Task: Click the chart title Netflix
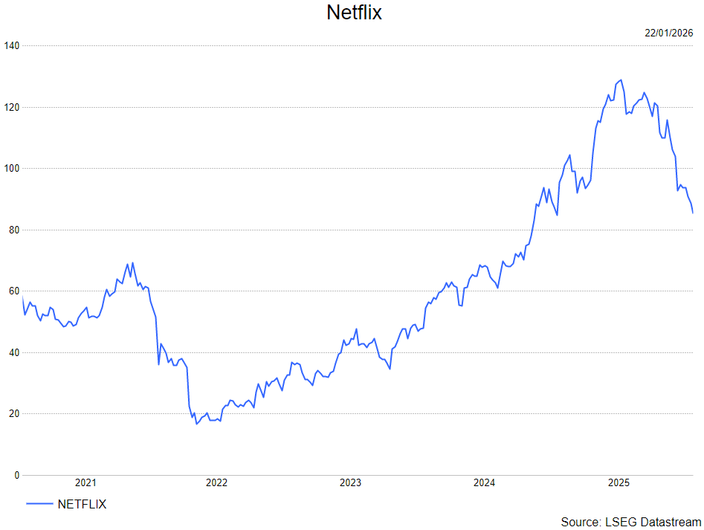tap(354, 13)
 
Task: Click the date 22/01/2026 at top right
tap(668, 33)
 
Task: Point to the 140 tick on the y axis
tap(11, 46)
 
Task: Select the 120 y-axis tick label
tap(11, 107)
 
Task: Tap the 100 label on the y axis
tap(11, 169)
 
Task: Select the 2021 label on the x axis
tap(85, 483)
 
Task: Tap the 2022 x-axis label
tap(216, 483)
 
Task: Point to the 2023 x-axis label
tap(350, 483)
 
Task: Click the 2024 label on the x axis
tap(484, 483)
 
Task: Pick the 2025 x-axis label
tap(619, 483)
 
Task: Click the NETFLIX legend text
tap(82, 504)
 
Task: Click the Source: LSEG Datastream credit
tap(631, 522)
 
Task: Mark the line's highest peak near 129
tap(621, 80)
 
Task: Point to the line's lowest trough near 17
tap(196, 423)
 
